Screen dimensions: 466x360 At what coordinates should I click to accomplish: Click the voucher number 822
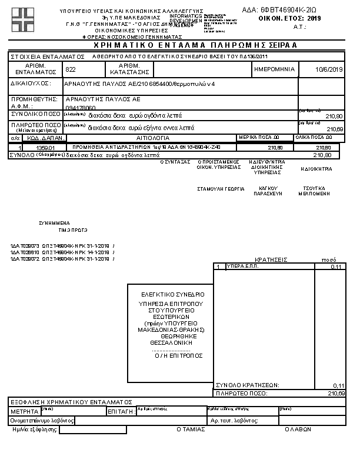[71, 69]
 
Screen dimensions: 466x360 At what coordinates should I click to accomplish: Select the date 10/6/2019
[329, 69]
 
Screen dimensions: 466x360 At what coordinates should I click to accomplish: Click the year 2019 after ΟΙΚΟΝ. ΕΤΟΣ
[315, 19]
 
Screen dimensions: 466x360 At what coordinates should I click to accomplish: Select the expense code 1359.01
[45, 148]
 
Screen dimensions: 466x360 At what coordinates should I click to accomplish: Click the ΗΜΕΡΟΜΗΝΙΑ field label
[274, 69]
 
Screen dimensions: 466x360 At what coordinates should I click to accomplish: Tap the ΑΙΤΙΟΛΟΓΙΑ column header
[152, 137]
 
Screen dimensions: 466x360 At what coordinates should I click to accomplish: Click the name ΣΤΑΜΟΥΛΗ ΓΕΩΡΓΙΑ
[221, 189]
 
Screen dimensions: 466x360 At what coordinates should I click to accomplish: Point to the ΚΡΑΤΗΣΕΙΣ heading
[271, 259]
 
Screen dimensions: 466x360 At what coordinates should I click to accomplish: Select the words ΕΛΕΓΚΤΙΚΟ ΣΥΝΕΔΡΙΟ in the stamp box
[173, 294]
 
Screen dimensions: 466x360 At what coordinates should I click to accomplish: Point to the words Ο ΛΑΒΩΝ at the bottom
[298, 430]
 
